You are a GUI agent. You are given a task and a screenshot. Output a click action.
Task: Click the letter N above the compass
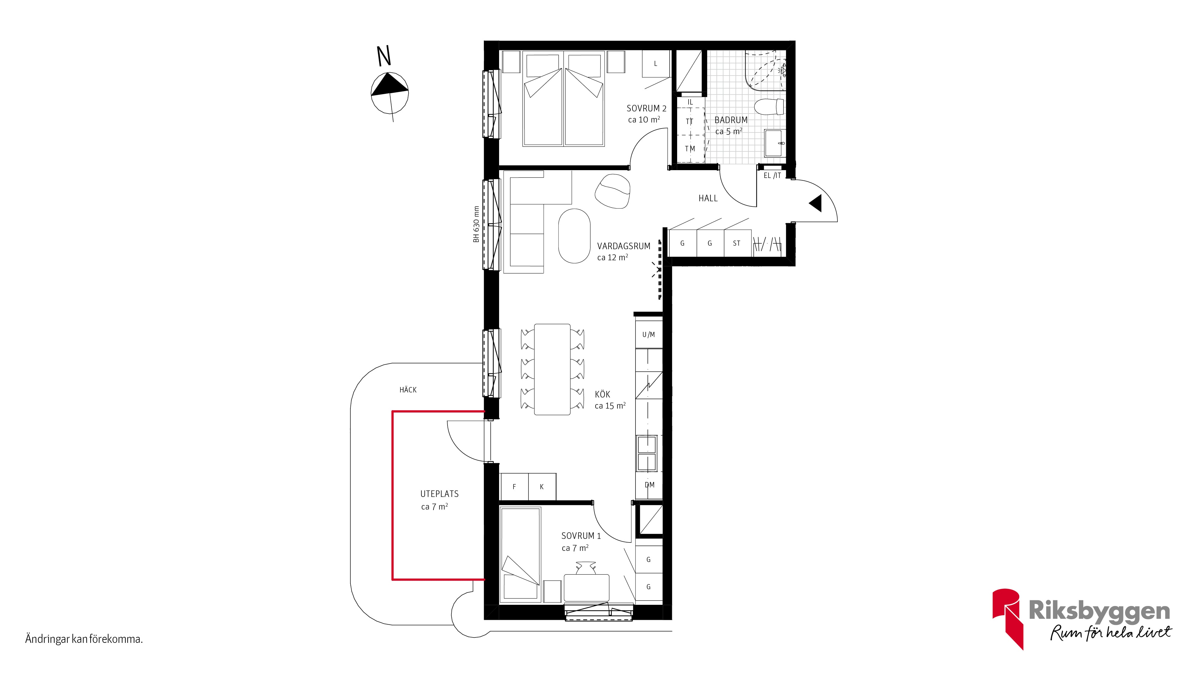click(x=384, y=56)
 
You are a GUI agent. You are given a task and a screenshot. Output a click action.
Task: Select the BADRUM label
click(x=731, y=120)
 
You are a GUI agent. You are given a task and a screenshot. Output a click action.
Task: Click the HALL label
click(x=708, y=198)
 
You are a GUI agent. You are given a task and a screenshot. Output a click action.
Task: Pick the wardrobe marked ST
click(x=737, y=243)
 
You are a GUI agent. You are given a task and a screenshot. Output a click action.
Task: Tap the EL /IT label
click(x=772, y=175)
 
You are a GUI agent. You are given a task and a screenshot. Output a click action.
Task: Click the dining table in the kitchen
click(x=552, y=369)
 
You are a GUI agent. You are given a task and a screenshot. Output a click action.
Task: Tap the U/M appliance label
click(x=648, y=334)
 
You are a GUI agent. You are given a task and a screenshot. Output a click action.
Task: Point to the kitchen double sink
click(x=647, y=453)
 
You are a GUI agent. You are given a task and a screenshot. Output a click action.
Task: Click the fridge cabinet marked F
click(x=514, y=486)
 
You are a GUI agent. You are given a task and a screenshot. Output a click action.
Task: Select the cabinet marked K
click(x=542, y=486)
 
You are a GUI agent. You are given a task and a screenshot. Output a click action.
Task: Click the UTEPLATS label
click(x=439, y=494)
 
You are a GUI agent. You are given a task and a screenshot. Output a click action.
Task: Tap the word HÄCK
click(x=408, y=390)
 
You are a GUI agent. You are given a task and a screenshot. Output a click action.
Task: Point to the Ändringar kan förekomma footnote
click(x=84, y=639)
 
